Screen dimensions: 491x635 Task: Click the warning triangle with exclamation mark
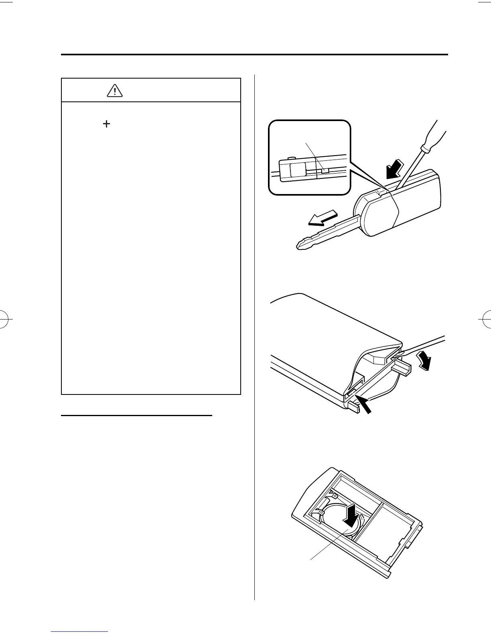point(115,91)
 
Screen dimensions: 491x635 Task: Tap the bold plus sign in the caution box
point(107,124)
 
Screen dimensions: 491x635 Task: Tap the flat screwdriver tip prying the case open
point(393,354)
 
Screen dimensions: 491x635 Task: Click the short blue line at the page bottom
point(80,631)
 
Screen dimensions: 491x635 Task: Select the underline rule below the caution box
point(136,416)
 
